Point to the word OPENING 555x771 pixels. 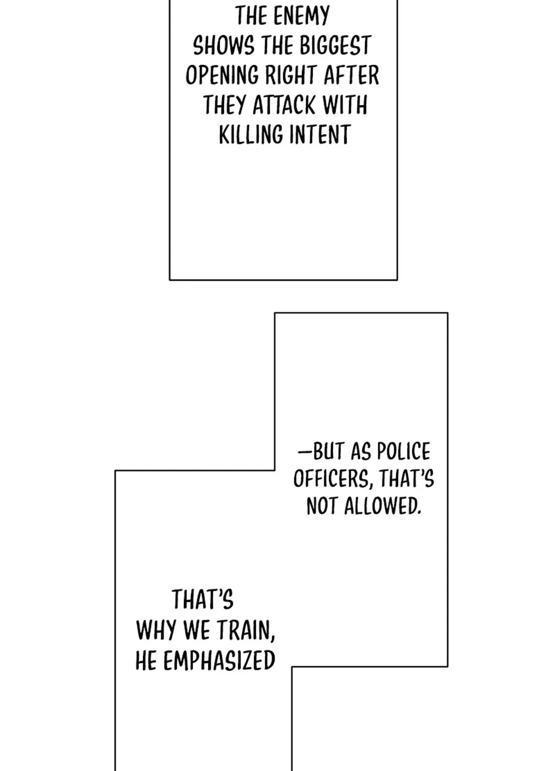pos(222,76)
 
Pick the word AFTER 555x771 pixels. pos(351,76)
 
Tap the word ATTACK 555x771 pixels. pos(284,105)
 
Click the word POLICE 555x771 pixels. pos(403,451)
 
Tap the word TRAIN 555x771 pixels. pos(246,631)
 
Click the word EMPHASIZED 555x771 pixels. pos(219,660)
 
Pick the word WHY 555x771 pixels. pos(157,631)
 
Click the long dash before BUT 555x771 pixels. pos(305,451)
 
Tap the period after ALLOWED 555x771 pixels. pos(419,513)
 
